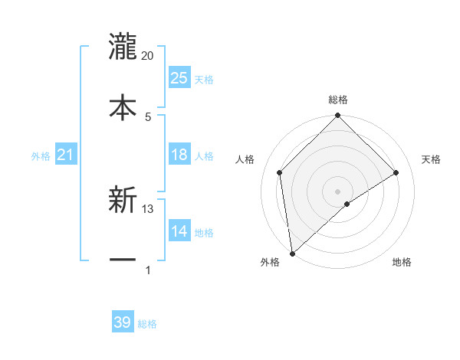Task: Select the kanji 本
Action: (123, 106)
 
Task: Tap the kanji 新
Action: (123, 201)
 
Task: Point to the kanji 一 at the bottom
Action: (123, 260)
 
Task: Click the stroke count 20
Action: (148, 56)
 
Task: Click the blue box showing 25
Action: (179, 78)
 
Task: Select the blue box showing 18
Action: (179, 155)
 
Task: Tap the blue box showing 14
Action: (179, 231)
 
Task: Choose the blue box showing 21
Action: (65, 155)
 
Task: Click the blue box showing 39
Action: (123, 322)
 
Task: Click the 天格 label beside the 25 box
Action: (204, 80)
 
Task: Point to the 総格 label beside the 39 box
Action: (147, 324)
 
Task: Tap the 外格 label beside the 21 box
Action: (41, 156)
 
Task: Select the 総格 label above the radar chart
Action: (338, 100)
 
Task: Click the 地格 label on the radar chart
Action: (402, 263)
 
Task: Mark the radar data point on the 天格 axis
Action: (396, 172)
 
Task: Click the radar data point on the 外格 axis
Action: (291, 254)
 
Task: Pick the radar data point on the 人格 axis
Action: (280, 172)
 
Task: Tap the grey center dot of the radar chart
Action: (338, 191)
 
